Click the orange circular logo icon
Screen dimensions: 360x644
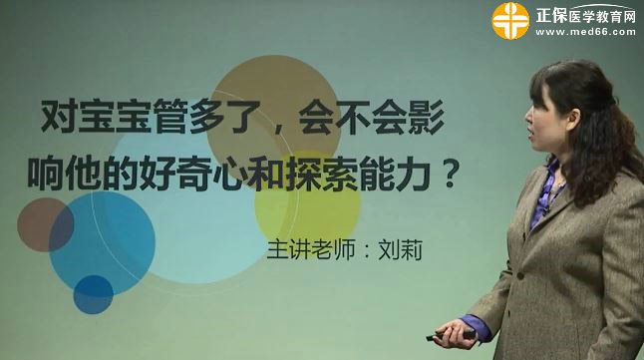click(x=510, y=20)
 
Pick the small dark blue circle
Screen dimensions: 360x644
click(x=93, y=294)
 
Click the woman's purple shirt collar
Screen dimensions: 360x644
click(x=545, y=189)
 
